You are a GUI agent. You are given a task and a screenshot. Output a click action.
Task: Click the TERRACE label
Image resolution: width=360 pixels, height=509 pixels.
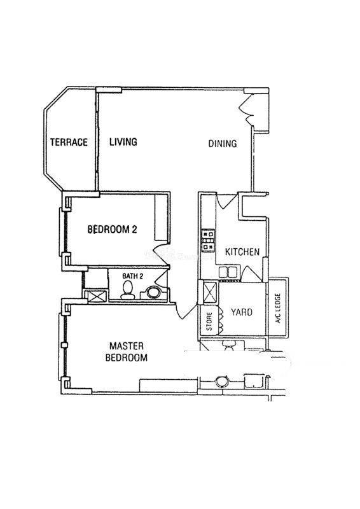coord(69,142)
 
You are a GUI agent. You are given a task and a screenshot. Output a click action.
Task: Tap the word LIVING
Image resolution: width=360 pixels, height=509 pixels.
coord(123,142)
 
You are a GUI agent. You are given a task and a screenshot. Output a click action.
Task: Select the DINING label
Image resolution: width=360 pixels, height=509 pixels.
coord(223,144)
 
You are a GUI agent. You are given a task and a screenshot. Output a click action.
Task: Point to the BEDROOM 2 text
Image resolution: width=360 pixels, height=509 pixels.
coord(113,230)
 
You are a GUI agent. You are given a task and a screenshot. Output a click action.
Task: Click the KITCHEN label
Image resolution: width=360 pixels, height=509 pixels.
coord(242,252)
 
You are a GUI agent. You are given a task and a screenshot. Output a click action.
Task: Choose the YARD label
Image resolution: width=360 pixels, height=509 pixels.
coord(242,312)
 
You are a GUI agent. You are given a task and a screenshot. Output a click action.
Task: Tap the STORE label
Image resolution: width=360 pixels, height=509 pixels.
coord(209,321)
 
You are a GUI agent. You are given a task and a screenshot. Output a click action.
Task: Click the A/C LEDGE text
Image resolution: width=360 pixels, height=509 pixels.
coord(277,309)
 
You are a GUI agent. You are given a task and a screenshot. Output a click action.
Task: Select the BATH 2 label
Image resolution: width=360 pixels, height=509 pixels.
coord(132,276)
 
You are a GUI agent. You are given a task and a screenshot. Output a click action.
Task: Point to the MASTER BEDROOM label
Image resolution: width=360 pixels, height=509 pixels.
coord(127,352)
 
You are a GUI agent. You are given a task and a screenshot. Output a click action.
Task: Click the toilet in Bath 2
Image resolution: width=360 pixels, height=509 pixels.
coord(127,290)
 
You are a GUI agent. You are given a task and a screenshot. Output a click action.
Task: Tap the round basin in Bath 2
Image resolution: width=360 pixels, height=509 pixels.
coord(153,292)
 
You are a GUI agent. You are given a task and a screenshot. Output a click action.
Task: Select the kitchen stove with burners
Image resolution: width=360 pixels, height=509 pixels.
coord(208,241)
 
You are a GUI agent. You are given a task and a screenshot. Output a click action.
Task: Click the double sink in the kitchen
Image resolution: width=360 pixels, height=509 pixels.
coord(228,272)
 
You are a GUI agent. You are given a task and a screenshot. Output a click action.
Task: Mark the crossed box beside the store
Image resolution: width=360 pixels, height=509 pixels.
coord(210,293)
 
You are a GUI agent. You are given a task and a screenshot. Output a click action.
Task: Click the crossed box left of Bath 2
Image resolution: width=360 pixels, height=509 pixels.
coord(95,296)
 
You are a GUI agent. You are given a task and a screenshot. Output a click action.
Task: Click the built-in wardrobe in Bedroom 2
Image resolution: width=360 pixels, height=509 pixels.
coord(161,218)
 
